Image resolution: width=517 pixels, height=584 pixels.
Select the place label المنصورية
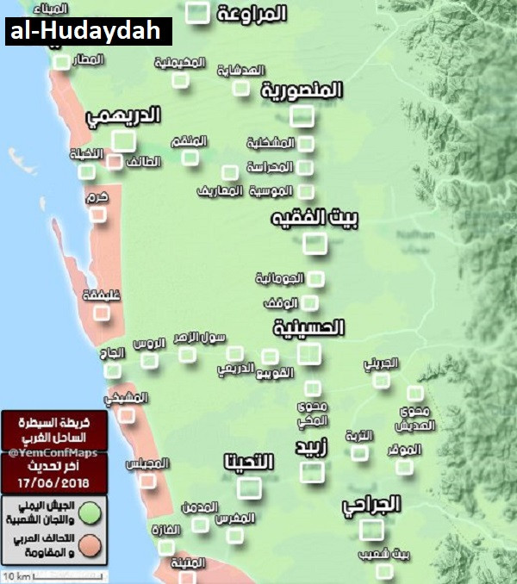coord(302,90)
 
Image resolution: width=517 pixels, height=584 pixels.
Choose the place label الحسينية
coord(308,327)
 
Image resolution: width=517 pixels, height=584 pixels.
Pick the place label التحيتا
coord(247,463)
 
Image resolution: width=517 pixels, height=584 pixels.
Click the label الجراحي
coord(371,505)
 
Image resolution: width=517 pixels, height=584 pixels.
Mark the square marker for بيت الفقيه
coord(315,244)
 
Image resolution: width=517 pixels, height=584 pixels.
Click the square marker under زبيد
coord(312,471)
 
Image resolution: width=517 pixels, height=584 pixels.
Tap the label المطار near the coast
coord(89,59)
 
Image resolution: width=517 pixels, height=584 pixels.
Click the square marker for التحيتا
coord(250,488)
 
